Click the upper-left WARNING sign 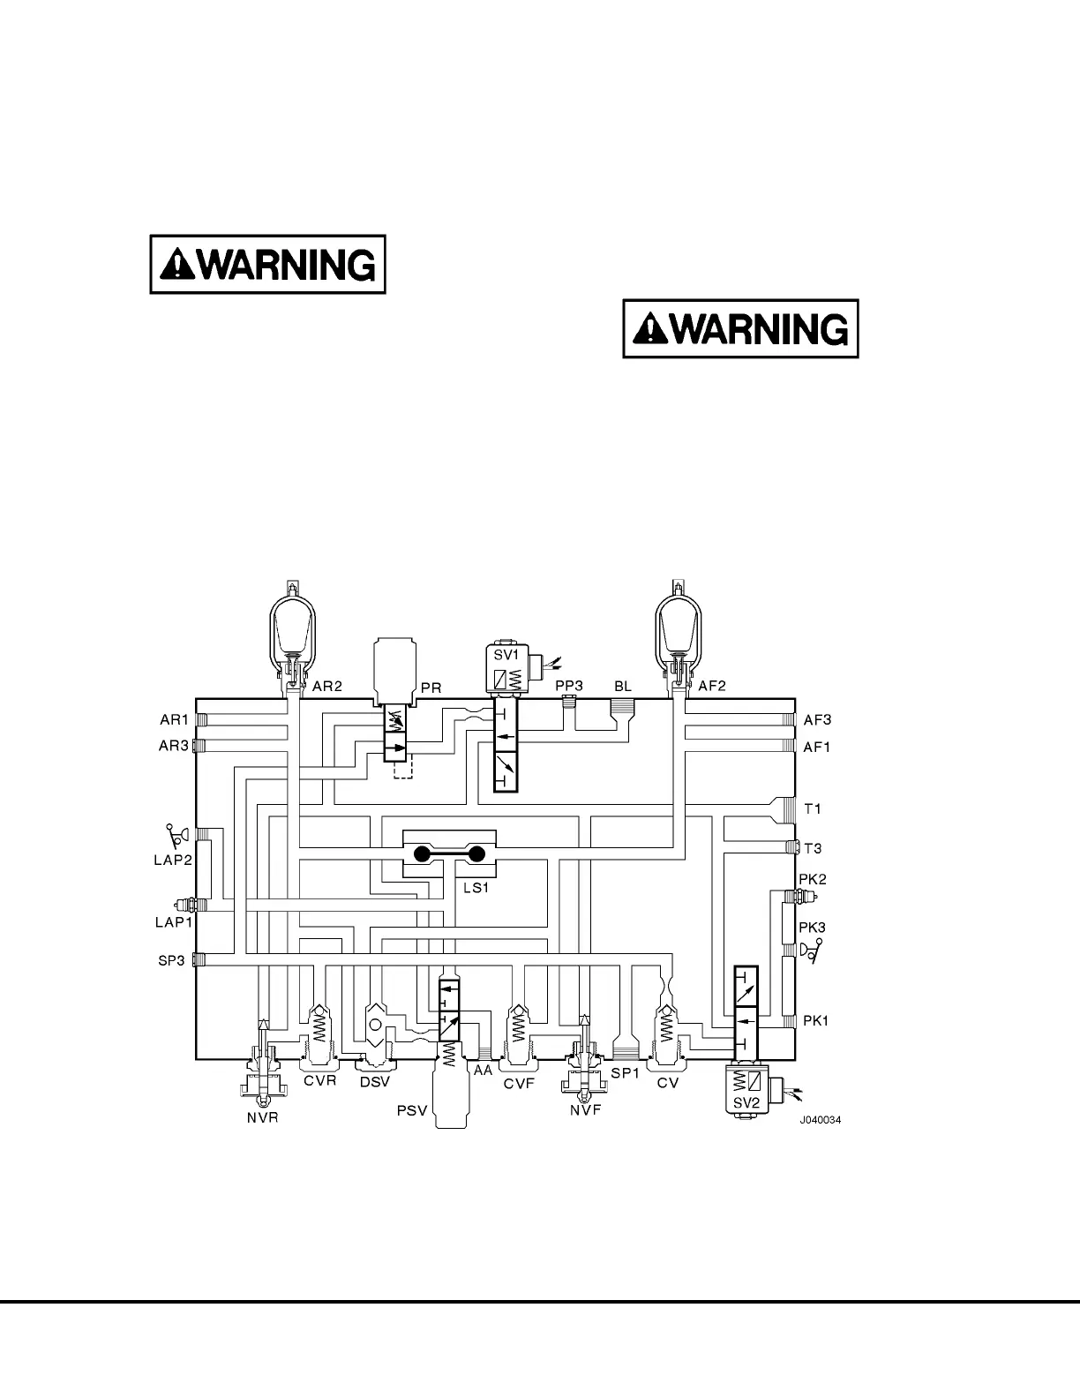tap(268, 264)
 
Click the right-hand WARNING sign tap(741, 328)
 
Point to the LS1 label tap(476, 888)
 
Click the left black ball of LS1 tap(422, 853)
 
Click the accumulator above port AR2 tap(290, 631)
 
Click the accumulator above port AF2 tap(677, 631)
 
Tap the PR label tap(431, 687)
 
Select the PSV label tap(412, 1110)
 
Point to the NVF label tap(585, 1110)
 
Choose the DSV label tap(374, 1081)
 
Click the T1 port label tap(813, 808)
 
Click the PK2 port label tap(812, 880)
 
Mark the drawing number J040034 tap(821, 1120)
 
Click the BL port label tap(623, 686)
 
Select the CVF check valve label tap(520, 1084)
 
